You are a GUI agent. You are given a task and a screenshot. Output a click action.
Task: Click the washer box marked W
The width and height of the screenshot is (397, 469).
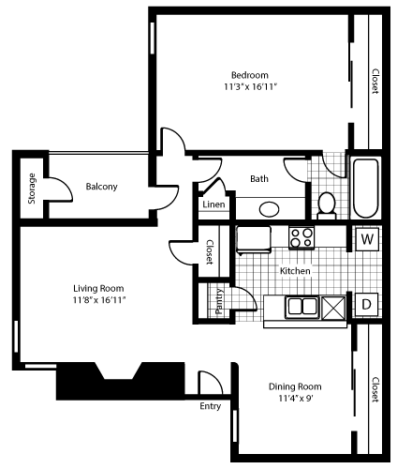click(367, 238)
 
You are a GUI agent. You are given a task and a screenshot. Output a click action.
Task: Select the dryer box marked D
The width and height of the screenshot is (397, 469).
click(367, 305)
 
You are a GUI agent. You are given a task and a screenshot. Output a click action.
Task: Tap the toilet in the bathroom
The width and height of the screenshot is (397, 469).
click(327, 204)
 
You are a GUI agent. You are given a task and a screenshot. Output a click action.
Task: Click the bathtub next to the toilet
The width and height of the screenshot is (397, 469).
click(364, 187)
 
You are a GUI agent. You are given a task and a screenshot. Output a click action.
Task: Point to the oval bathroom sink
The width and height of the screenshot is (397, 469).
click(271, 208)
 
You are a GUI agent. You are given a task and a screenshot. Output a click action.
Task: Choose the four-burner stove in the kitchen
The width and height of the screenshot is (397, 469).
click(301, 238)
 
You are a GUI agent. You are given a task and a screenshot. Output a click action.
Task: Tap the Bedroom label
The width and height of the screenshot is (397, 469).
click(250, 75)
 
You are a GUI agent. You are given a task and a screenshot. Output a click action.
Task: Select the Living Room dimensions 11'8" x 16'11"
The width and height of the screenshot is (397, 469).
click(99, 299)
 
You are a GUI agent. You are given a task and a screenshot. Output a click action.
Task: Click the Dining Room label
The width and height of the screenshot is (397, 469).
click(295, 386)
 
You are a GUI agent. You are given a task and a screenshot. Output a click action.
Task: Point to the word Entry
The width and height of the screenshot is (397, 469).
click(210, 406)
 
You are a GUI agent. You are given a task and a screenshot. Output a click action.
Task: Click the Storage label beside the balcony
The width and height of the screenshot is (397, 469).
click(31, 188)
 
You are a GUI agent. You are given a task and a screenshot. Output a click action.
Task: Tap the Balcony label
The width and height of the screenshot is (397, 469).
click(101, 187)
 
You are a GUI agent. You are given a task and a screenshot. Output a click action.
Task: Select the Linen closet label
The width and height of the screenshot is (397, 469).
click(213, 204)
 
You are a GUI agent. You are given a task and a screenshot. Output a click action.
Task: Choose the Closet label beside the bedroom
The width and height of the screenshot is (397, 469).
click(375, 82)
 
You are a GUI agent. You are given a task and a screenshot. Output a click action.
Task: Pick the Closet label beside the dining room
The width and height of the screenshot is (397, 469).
click(375, 390)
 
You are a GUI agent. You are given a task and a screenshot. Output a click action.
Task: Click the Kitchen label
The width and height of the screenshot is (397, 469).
click(295, 271)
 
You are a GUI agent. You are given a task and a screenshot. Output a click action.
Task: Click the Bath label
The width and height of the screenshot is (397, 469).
click(259, 178)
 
